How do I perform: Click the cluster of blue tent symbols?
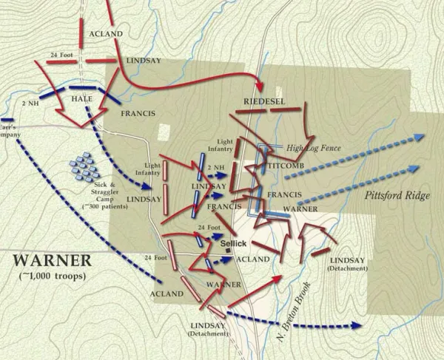(x=85, y=166)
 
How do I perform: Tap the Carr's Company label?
(x=10, y=131)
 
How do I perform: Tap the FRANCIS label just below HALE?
(x=138, y=114)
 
